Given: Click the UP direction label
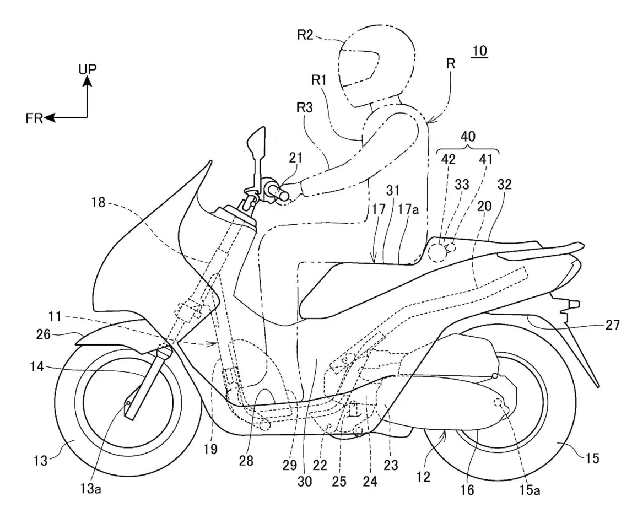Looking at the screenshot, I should [x=87, y=69].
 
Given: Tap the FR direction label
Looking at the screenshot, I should [x=34, y=118].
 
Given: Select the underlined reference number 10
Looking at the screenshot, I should [x=479, y=52].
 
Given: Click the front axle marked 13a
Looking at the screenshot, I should [x=128, y=404].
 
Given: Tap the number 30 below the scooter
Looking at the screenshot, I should [x=305, y=481].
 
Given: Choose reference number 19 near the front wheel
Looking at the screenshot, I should [x=212, y=450].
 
